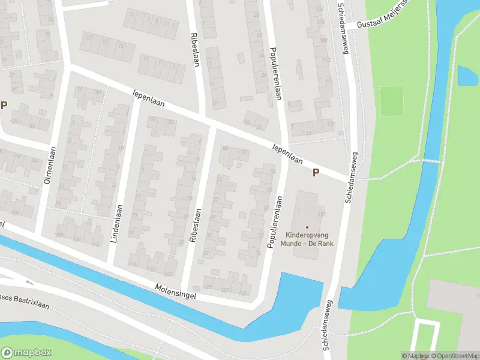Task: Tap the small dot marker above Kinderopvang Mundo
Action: tap(307, 227)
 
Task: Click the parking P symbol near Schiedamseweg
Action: tap(316, 173)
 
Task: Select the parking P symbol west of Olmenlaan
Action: tap(4, 106)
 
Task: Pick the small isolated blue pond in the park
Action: tap(466, 75)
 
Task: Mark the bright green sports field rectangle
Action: tap(392, 101)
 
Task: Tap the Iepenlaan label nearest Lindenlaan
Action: tap(148, 98)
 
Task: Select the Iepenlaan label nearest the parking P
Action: tap(287, 153)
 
